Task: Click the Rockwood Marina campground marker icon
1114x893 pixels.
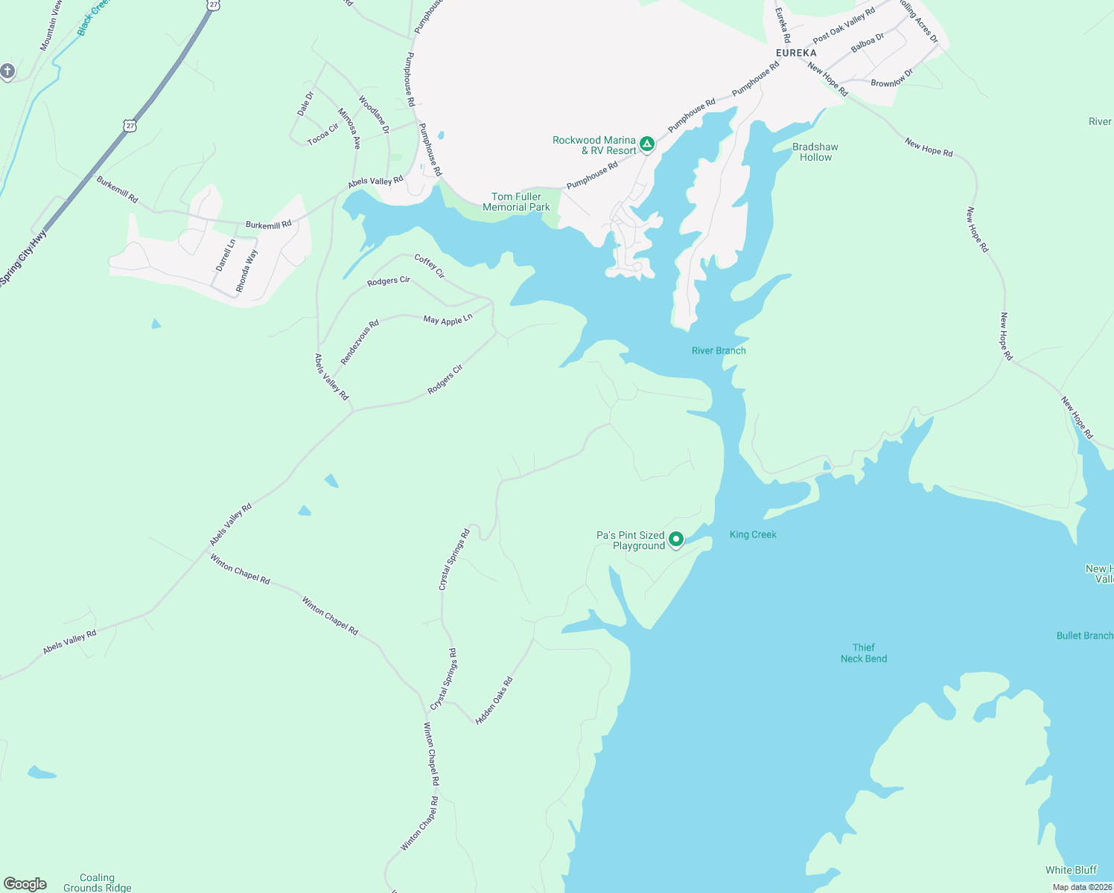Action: click(x=647, y=144)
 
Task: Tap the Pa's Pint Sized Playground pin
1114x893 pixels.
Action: click(x=676, y=539)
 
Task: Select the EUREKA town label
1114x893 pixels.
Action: click(x=796, y=53)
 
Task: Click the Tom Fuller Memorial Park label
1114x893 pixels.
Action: click(x=516, y=202)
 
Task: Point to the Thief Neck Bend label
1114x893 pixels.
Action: click(x=864, y=653)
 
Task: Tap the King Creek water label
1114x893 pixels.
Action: click(x=753, y=534)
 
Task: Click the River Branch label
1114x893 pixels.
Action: click(x=719, y=351)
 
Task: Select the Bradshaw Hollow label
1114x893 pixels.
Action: click(x=815, y=152)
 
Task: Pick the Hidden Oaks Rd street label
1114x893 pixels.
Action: click(x=494, y=700)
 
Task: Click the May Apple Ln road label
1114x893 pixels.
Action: click(x=448, y=320)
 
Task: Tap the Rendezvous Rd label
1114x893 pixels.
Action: click(x=360, y=342)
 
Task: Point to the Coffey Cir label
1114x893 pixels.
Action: click(x=430, y=266)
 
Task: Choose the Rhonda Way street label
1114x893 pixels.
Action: click(x=246, y=271)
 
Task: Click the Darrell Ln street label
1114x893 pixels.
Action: click(x=225, y=255)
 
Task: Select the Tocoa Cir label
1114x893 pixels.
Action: click(x=322, y=134)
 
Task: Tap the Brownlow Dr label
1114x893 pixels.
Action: click(x=891, y=78)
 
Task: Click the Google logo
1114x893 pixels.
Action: click(x=25, y=884)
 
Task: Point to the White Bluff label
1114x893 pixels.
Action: click(x=1071, y=870)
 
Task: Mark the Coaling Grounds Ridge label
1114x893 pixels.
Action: click(x=98, y=883)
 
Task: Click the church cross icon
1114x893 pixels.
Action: click(x=7, y=71)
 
